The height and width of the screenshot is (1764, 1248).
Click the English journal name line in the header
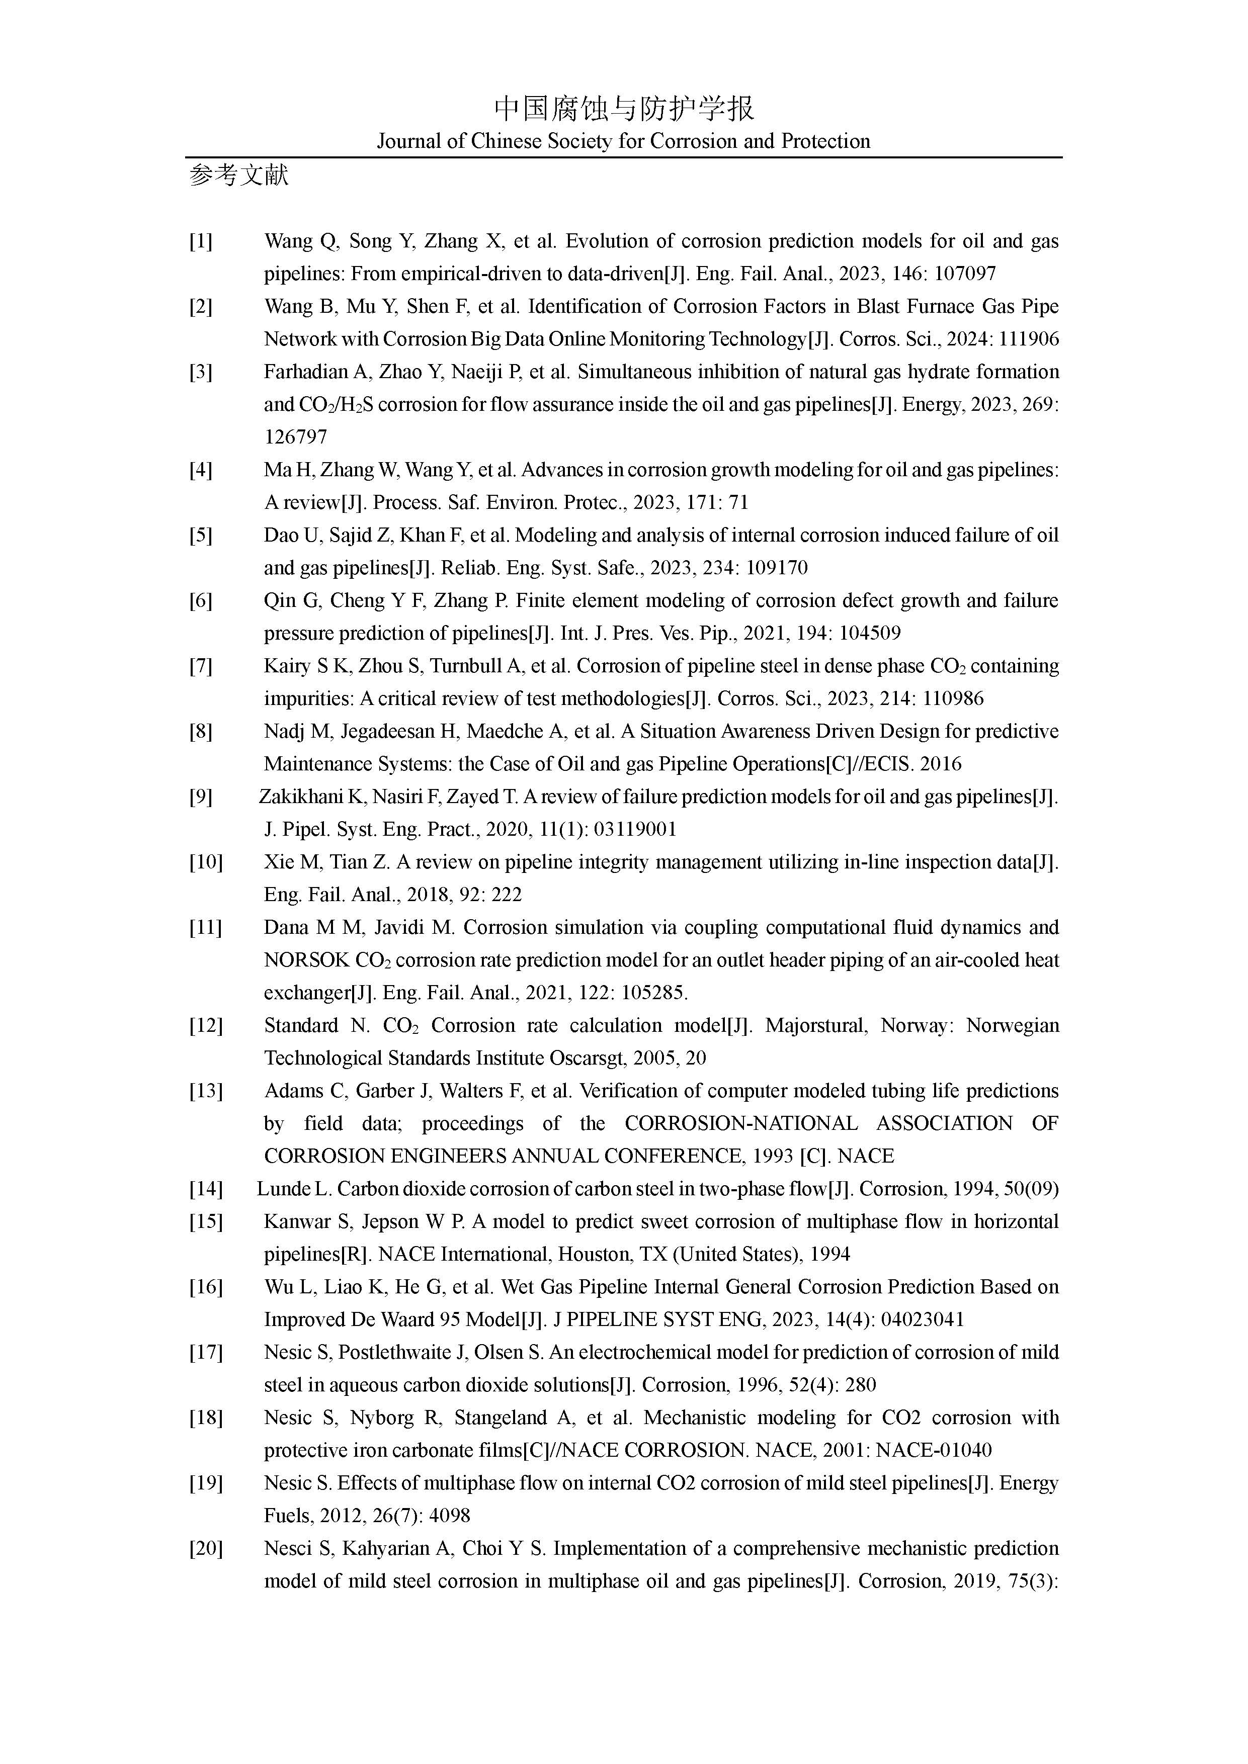[623, 141]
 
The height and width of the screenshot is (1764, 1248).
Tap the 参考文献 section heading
[239, 176]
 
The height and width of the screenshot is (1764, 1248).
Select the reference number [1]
[201, 241]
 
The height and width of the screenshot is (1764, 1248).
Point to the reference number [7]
[201, 666]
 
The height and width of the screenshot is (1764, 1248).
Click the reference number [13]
[205, 1091]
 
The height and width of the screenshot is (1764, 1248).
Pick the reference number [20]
[205, 1548]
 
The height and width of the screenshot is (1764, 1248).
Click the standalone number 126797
[296, 437]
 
